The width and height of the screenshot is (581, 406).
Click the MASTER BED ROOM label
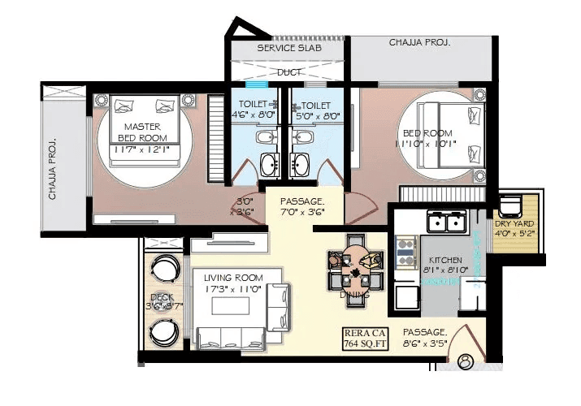[x=142, y=132]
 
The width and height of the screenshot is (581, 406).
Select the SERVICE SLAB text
[x=289, y=49]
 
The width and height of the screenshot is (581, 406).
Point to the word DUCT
[x=289, y=72]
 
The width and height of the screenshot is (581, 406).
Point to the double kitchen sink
[x=446, y=222]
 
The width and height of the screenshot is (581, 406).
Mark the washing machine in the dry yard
[x=510, y=205]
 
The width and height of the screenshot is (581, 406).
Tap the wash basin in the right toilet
[x=301, y=162]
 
